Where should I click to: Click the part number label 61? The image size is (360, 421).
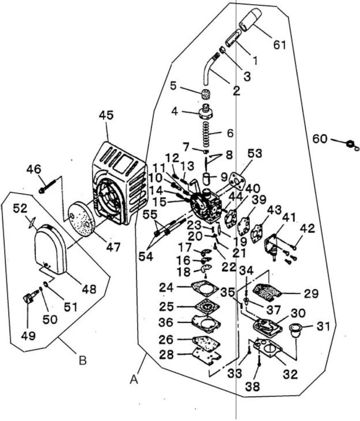point(280,44)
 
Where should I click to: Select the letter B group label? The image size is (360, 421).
point(82,360)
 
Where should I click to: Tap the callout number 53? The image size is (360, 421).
point(254,154)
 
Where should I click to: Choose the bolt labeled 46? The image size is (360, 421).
point(49,186)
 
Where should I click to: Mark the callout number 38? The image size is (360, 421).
point(253,386)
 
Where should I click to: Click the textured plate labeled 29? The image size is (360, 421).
point(267,291)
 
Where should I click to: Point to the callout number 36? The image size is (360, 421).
point(166,322)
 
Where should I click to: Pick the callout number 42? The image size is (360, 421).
point(308,229)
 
